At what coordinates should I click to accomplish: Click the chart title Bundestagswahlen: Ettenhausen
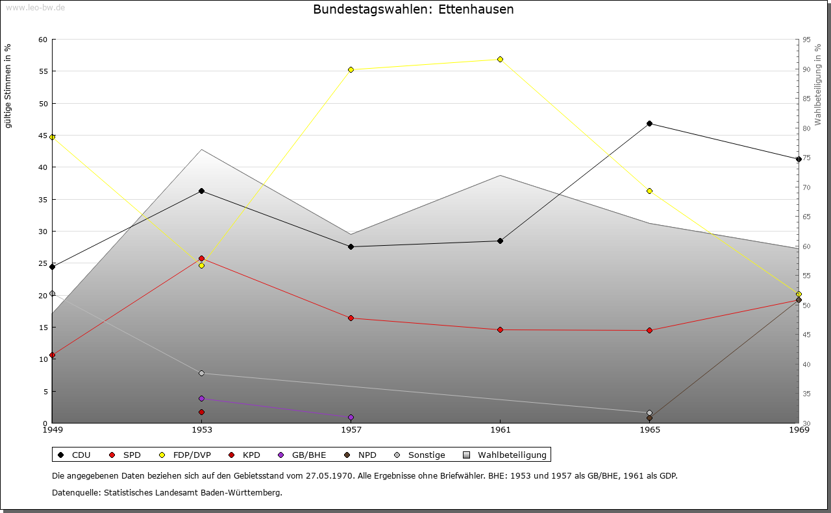click(413, 10)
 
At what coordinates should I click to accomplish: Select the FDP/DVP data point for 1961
click(500, 59)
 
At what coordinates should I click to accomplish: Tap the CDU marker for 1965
click(649, 123)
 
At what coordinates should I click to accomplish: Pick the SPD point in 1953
click(201, 258)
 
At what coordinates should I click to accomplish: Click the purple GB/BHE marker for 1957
click(351, 417)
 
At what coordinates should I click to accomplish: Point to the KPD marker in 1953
click(201, 412)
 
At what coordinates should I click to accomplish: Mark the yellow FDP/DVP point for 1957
click(351, 69)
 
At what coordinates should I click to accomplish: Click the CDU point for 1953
click(201, 191)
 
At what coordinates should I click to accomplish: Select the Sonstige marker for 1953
click(201, 373)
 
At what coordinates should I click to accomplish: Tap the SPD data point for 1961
click(500, 329)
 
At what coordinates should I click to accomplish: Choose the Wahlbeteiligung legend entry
click(512, 455)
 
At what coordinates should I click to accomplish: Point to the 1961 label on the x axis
click(500, 429)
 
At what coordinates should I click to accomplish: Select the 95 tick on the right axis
click(806, 40)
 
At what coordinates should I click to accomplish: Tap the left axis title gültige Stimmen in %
click(8, 86)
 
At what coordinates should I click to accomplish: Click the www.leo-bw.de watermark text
click(35, 8)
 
